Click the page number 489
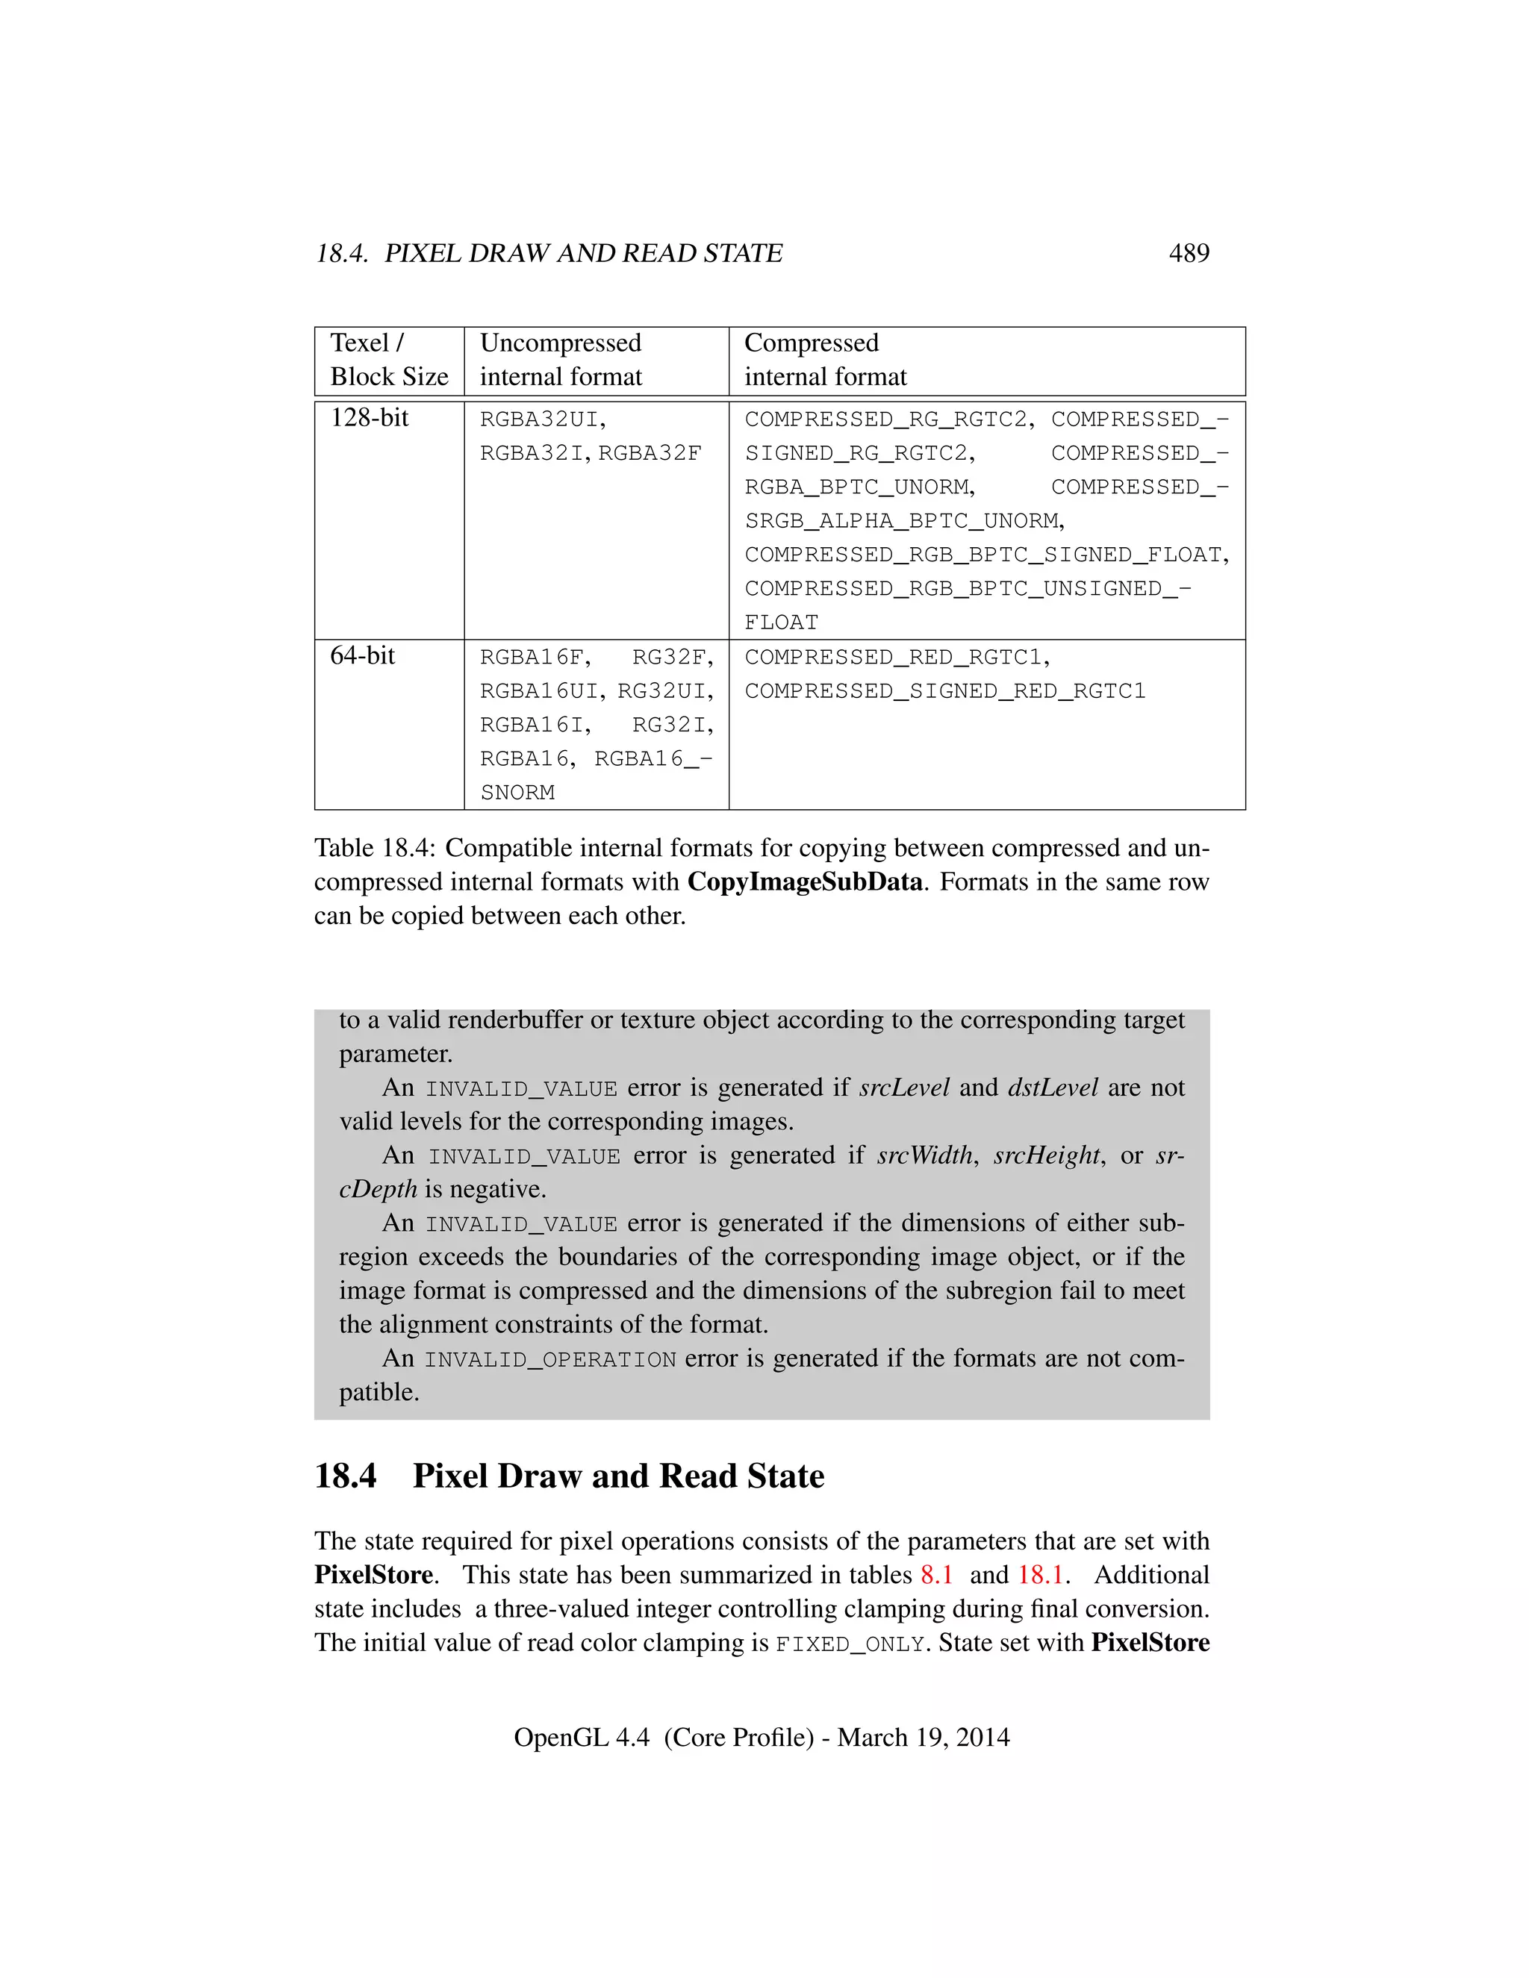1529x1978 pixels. pyautogui.click(x=1189, y=253)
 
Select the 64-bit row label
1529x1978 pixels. pyautogui.click(x=362, y=655)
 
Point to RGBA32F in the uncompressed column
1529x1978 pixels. pyautogui.click(x=650, y=453)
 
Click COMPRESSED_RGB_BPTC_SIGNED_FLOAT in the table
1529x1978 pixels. pyautogui.click(x=985, y=555)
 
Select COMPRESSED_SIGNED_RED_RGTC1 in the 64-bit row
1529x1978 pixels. pyautogui.click(x=944, y=691)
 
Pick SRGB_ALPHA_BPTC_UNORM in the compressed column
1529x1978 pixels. pyautogui.click(x=903, y=521)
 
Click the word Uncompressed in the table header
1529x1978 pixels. pyautogui.click(x=560, y=343)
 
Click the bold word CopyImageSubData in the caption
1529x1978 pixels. pyautogui.click(x=804, y=882)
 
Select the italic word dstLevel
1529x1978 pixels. pyautogui.click(x=1053, y=1087)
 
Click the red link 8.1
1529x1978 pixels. pyautogui.click(x=937, y=1574)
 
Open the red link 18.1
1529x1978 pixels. pyautogui.click(x=1040, y=1574)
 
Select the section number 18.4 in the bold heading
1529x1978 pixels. pyautogui.click(x=345, y=1476)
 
